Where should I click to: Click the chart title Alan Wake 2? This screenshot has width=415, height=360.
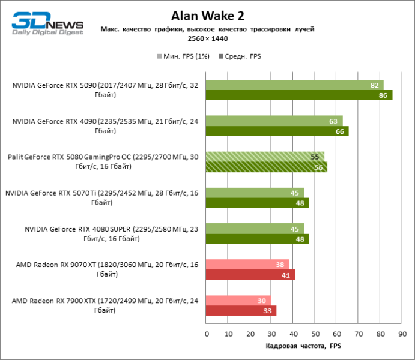coord(207,16)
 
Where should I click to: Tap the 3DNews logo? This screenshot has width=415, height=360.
coord(47,24)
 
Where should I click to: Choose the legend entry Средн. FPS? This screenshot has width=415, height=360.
coord(241,56)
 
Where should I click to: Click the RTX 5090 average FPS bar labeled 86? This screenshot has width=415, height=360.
coord(299,95)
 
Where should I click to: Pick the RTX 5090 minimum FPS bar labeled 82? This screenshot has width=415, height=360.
coord(295,85)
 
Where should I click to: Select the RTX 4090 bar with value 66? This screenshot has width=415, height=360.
coord(277,131)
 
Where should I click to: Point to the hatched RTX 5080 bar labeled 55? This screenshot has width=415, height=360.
coord(265,157)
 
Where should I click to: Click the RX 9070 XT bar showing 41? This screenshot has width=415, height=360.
coord(250,275)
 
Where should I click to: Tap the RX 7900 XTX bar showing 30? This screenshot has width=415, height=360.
coord(238,301)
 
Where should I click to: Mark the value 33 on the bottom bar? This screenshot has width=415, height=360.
coord(266,311)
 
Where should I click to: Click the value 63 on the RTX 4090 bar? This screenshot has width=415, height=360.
coord(332,121)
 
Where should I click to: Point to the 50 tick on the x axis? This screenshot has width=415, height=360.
coord(315,333)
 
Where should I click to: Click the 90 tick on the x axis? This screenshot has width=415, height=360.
coord(401,333)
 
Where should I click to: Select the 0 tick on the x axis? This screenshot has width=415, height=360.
coord(207,333)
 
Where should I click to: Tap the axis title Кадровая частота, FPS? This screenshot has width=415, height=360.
coord(303,346)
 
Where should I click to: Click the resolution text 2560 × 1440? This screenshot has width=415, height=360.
coord(207,38)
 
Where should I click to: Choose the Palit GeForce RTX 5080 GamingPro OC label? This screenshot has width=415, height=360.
coord(103,161)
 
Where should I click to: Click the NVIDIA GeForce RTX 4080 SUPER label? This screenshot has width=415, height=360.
coord(112,233)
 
